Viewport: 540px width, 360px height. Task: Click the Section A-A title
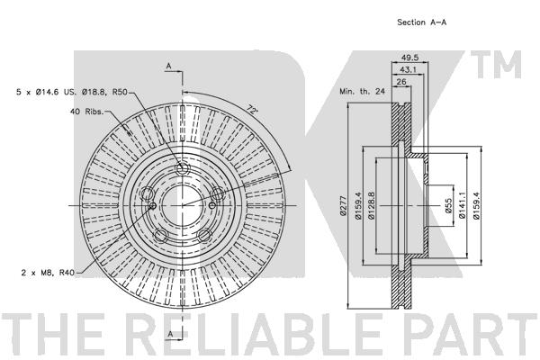coord(422,22)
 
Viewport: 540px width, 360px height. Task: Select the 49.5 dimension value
coord(409,58)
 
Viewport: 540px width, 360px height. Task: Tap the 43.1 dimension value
coord(409,69)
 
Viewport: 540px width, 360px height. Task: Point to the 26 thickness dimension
coord(401,82)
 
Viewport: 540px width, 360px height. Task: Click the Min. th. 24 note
coord(362,92)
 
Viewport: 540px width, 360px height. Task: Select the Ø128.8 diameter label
coord(371,205)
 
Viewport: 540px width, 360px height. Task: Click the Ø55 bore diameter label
coord(448,205)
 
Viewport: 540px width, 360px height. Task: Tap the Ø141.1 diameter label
coord(463,205)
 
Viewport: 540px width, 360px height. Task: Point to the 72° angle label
coord(252,110)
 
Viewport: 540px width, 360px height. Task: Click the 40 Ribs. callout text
coord(86,112)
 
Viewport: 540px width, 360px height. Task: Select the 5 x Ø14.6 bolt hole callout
coord(72,92)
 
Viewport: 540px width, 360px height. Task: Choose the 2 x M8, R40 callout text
coord(48,273)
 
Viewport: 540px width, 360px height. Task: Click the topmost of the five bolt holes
coord(182,169)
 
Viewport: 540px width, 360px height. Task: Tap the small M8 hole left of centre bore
coord(153,206)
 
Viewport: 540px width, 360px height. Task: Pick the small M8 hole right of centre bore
coord(212,206)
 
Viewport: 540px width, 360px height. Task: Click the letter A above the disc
coord(169,66)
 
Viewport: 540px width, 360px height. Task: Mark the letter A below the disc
coord(170,334)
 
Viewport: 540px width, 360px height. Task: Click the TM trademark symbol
coord(496,65)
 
